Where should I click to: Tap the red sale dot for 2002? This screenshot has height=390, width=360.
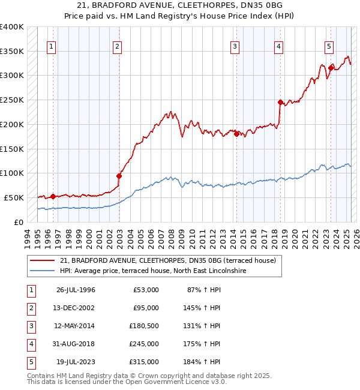click(119, 176)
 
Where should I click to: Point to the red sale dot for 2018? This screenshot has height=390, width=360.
click(280, 102)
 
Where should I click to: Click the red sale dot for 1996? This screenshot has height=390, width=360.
click(53, 196)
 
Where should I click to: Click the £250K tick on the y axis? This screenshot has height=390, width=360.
click(12, 100)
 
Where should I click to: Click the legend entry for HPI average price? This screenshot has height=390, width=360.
click(153, 271)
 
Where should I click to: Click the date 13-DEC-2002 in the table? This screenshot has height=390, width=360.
click(76, 308)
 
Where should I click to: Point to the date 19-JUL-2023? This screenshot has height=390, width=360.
click(76, 362)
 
